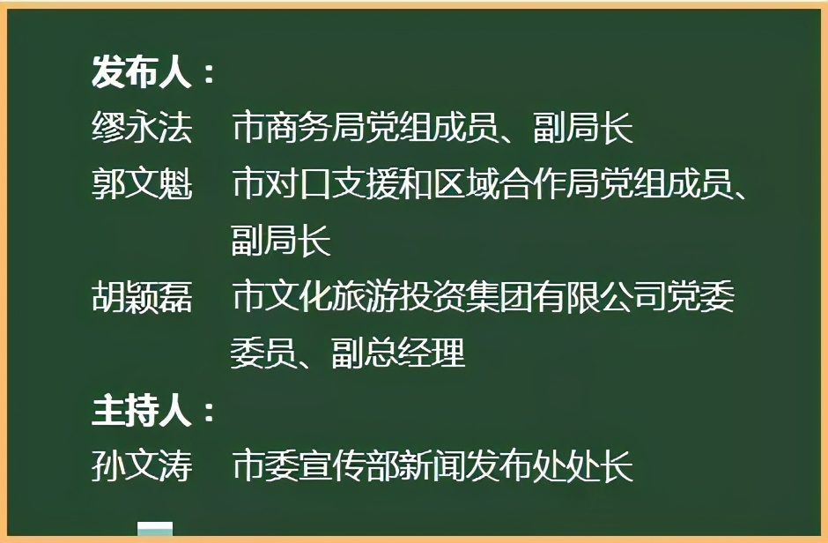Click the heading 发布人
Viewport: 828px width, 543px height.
(x=141, y=73)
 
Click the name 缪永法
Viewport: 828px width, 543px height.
(x=142, y=130)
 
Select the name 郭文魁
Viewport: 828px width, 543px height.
(x=142, y=185)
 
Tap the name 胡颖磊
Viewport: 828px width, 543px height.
(x=142, y=298)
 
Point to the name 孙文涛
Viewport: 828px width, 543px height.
(x=142, y=466)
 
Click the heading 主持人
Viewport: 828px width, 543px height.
(x=141, y=411)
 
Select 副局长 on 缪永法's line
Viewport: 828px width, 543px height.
(x=583, y=130)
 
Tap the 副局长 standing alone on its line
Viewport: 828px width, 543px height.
(x=281, y=241)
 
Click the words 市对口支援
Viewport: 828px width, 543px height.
(x=307, y=185)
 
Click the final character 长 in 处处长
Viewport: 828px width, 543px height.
(x=618, y=466)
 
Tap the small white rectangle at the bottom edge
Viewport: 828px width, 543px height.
(x=155, y=530)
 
